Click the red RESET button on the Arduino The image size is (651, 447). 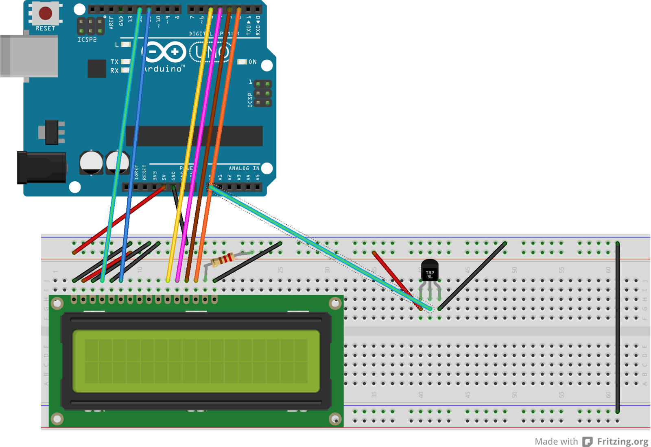coord(45,13)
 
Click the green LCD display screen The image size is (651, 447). coord(196,361)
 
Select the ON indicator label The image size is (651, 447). coord(253,62)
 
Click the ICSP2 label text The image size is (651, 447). coord(87,40)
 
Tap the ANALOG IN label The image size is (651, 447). coord(244,168)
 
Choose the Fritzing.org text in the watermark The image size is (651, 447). coord(623,441)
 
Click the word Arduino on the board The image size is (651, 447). coord(163,69)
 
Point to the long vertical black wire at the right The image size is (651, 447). coord(617,325)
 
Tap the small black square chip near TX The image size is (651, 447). coord(97,69)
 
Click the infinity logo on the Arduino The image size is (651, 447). coord(164,52)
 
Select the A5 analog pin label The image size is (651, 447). coord(257,177)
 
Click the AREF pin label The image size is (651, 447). coord(111,22)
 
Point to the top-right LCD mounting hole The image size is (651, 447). coord(335,303)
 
